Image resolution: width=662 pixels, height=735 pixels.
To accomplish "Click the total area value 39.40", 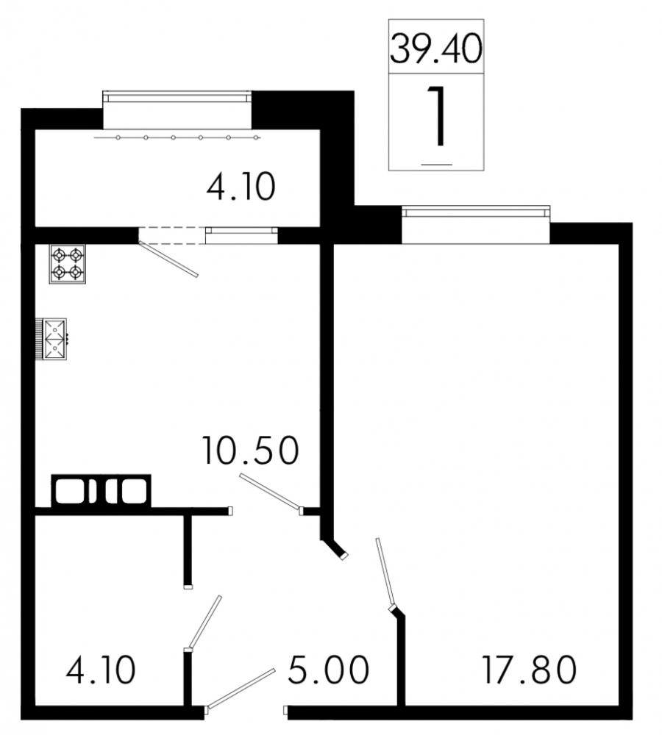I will coord(435,49).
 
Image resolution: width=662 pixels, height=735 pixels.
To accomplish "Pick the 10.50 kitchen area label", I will coord(250,450).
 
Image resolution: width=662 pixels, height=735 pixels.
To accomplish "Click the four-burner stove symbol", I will coord(68,264).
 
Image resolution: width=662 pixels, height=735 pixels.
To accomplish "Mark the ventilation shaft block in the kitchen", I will coord(101,490).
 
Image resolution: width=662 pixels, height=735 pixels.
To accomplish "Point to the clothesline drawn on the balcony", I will coord(177,137).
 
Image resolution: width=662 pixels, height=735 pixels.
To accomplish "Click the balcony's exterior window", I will coord(177,97).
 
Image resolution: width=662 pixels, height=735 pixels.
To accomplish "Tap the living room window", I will coord(475,212).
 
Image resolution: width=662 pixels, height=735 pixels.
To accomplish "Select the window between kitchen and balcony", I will coord(241,234).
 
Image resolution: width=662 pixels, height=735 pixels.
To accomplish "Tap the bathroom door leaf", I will coord(204,622).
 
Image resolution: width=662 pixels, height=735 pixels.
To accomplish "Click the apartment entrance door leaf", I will coord(241,689).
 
